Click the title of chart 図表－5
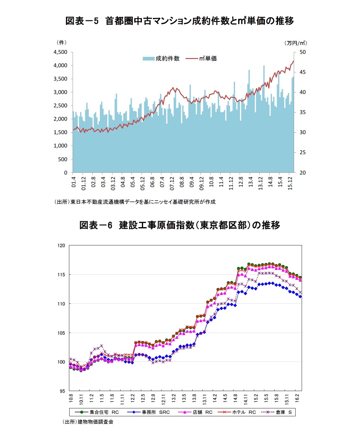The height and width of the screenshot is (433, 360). point(180,21)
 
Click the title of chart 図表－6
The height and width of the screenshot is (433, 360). point(180,225)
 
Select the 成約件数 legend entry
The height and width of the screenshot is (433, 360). point(161,59)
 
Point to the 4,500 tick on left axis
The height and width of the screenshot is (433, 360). point(60,52)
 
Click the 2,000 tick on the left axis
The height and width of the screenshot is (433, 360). point(60,119)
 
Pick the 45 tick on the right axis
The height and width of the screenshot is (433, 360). point(303,72)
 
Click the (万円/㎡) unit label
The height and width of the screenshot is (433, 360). point(296,43)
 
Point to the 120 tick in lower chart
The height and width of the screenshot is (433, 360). point(62,246)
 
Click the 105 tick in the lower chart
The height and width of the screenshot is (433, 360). point(62,333)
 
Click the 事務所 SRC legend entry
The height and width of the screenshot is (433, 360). point(149,412)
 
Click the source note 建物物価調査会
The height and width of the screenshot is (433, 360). point(88,422)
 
